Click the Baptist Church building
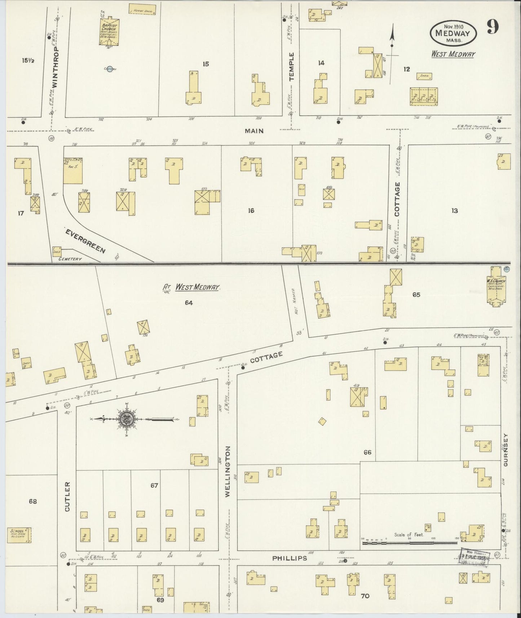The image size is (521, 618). tap(110, 31)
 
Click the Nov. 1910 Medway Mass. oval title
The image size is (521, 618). tap(453, 33)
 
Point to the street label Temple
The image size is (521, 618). tap(291, 66)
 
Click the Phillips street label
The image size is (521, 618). tap(290, 558)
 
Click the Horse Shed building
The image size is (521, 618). tap(142, 11)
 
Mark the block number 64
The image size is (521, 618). tap(189, 303)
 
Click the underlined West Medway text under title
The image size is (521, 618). tap(453, 54)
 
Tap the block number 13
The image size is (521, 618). tap(454, 211)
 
